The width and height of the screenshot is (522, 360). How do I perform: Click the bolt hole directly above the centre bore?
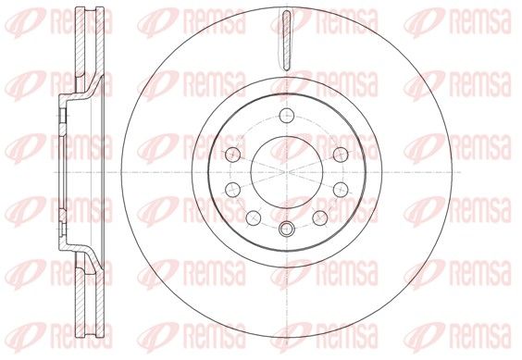click(287, 116)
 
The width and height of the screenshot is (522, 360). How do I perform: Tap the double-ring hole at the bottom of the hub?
click(287, 229)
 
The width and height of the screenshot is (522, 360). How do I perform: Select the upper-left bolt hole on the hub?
click(232, 155)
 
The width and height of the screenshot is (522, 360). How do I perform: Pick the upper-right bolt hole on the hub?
click(341, 155)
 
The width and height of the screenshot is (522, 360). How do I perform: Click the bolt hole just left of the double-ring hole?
click(254, 217)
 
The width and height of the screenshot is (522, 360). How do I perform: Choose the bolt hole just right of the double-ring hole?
click(320, 217)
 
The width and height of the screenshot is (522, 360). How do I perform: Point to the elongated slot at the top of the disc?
click(286, 41)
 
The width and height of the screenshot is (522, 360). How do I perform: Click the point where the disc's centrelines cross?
click(287, 172)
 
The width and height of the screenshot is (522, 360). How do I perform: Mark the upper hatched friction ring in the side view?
click(89, 50)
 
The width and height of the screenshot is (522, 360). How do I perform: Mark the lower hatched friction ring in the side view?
click(89, 294)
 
